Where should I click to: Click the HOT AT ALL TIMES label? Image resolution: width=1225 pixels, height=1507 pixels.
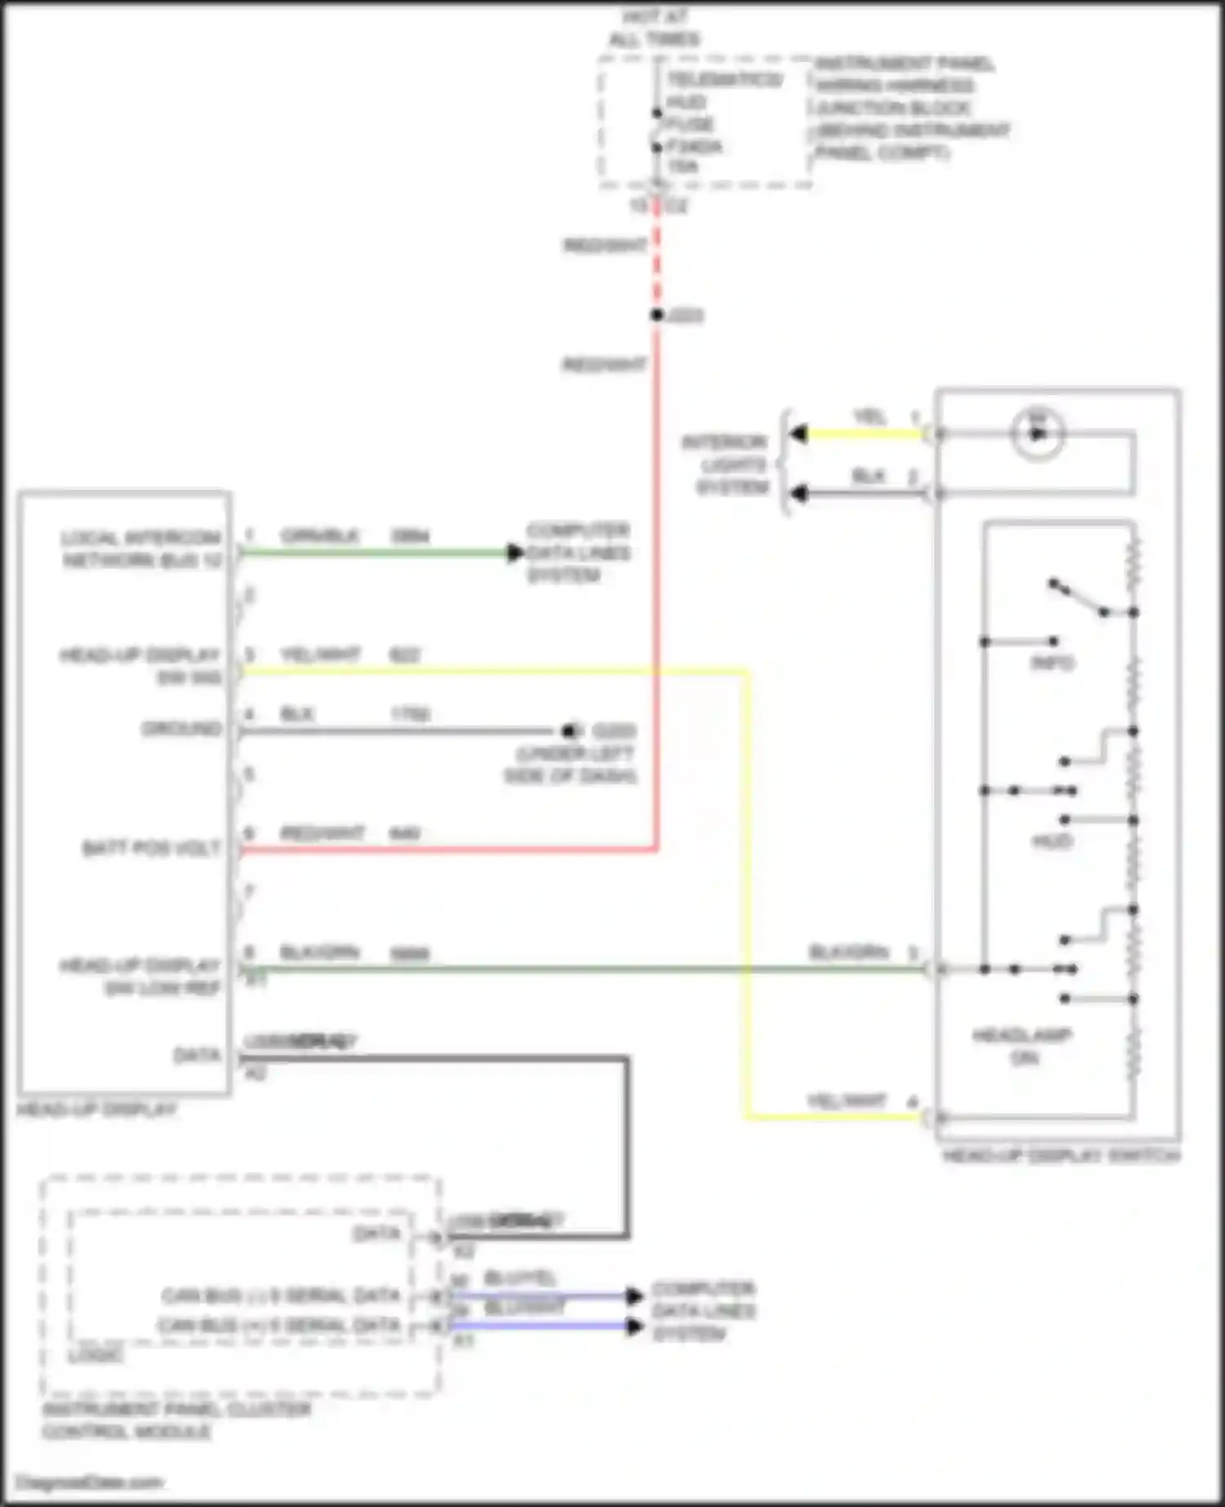655,28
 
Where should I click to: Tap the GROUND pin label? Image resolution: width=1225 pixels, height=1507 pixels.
181,728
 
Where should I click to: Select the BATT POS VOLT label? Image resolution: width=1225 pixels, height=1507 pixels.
151,848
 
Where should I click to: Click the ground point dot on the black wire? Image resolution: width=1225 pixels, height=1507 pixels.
569,731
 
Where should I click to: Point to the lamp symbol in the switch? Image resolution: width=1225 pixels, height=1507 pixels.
1037,433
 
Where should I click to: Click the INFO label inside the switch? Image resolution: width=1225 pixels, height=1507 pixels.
1052,663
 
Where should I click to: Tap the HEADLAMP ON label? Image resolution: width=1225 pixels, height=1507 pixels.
1022,1047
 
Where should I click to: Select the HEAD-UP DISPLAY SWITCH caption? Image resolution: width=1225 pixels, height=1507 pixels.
1061,1156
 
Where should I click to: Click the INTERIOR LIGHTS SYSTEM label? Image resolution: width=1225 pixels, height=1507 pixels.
725,465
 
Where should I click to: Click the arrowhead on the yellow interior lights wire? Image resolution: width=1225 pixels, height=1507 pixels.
799,433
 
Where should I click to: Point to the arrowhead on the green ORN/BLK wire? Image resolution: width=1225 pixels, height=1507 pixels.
514,553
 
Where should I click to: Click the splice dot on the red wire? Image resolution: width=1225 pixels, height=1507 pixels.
657,315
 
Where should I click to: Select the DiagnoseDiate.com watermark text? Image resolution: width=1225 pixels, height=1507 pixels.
90,1483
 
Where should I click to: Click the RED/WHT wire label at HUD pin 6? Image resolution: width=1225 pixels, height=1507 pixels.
322,834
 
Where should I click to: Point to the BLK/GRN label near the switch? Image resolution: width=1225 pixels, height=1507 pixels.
848,953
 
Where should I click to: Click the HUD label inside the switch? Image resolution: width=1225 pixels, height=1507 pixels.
1052,841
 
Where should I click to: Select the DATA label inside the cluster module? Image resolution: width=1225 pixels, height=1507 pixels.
376,1233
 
